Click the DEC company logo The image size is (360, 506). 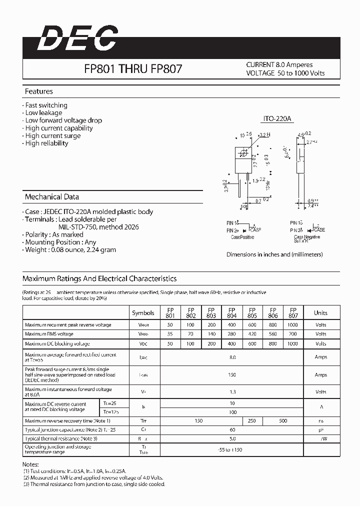tap(77, 38)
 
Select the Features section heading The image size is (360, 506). tap(39, 91)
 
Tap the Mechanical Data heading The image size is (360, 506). tap(52, 196)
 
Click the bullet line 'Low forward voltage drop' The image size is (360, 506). tap(63, 120)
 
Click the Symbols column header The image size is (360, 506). tap(143, 313)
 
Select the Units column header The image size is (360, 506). tap(320, 313)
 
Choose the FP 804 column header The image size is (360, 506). tap(232, 313)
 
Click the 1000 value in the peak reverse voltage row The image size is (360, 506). tap(293, 325)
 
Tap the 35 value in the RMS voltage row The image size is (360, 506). tap(170, 334)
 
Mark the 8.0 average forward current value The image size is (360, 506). tap(232, 357)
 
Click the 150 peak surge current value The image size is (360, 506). tap(232, 374)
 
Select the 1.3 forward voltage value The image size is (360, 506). tap(232, 392)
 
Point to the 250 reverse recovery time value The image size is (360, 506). tap(252, 421)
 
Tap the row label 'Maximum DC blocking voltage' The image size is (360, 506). tap(57, 344)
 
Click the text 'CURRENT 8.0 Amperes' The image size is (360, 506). tap(279, 65)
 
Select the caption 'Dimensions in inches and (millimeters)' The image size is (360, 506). tap(274, 254)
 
